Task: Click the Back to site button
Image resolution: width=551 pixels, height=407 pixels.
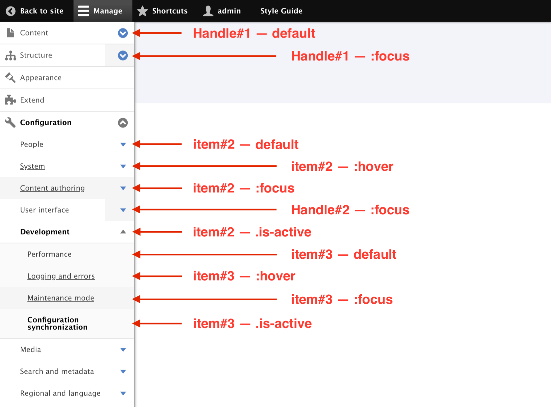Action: coord(35,11)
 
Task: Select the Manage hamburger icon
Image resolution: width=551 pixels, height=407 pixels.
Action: coord(83,11)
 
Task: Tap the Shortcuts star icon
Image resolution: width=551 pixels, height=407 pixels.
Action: coord(143,11)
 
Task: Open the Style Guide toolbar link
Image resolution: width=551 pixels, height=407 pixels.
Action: coord(281,11)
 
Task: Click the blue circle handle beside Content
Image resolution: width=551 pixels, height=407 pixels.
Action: coord(123,33)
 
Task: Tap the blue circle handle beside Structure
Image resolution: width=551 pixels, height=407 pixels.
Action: coord(123,55)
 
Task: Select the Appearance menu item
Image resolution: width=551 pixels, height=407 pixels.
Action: coord(41,78)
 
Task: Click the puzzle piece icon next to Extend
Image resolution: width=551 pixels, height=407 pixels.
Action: coord(10,100)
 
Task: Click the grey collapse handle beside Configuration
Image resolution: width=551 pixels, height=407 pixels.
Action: coord(123,122)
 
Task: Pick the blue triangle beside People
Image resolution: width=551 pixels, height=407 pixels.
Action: coord(123,144)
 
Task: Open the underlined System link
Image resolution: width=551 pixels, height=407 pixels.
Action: coord(33,166)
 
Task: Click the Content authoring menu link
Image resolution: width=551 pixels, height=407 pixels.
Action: coord(52,188)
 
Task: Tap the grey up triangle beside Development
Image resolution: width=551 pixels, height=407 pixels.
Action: coord(123,232)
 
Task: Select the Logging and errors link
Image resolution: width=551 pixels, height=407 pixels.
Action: coord(61,276)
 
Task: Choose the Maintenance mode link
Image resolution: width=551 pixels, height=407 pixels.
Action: coord(61,298)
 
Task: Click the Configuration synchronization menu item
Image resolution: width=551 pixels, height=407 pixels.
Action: coord(57,323)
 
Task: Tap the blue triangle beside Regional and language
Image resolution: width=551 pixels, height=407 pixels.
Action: coord(123,393)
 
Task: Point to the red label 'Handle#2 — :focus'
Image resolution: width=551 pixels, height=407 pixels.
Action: coord(350,210)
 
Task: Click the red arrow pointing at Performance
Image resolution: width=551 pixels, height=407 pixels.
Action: coord(205,255)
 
